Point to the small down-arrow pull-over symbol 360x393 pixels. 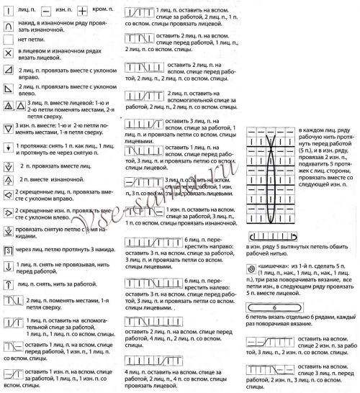pos(7,148)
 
